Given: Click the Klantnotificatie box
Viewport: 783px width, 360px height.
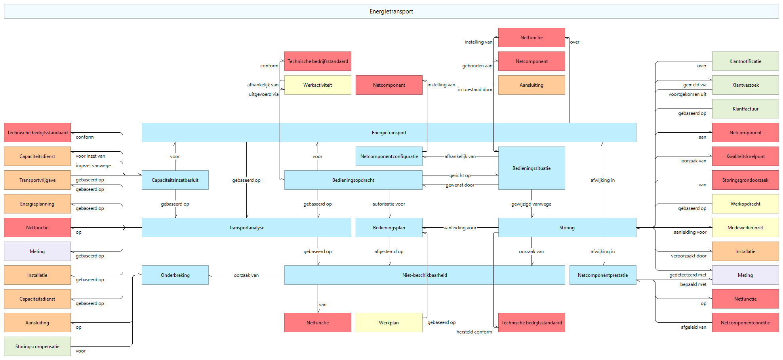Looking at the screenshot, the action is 745,61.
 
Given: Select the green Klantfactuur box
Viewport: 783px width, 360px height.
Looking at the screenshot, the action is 745,109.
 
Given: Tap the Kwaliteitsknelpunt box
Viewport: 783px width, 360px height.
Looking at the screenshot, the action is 745,156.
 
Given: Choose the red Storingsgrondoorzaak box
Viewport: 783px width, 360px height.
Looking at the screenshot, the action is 745,180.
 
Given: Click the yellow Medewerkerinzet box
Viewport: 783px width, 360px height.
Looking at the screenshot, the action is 745,228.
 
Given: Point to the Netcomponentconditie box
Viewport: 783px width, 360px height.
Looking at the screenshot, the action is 745,323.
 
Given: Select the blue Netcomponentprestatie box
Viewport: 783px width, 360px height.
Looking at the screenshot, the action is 603,275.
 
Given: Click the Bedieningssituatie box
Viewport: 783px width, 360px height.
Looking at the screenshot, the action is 532,168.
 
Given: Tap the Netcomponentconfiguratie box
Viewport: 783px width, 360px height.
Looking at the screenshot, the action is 389,156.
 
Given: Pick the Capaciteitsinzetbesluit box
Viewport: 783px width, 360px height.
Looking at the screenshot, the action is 175,180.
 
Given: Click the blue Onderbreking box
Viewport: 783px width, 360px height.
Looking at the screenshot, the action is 175,275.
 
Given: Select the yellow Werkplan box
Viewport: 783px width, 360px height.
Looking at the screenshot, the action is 389,323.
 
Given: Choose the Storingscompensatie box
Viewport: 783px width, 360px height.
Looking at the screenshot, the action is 37,347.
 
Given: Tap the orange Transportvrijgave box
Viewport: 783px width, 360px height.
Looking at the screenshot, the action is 37,180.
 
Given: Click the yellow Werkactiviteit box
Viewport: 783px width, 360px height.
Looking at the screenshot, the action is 318,85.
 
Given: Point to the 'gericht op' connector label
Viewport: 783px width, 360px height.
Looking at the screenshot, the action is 460,175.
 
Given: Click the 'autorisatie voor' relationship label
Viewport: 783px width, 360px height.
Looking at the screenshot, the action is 389,204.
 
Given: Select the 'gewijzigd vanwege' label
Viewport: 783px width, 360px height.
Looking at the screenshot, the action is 531,204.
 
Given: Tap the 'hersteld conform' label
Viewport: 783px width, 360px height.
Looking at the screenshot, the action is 474,332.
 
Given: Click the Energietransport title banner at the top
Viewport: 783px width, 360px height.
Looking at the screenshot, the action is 391,11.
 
